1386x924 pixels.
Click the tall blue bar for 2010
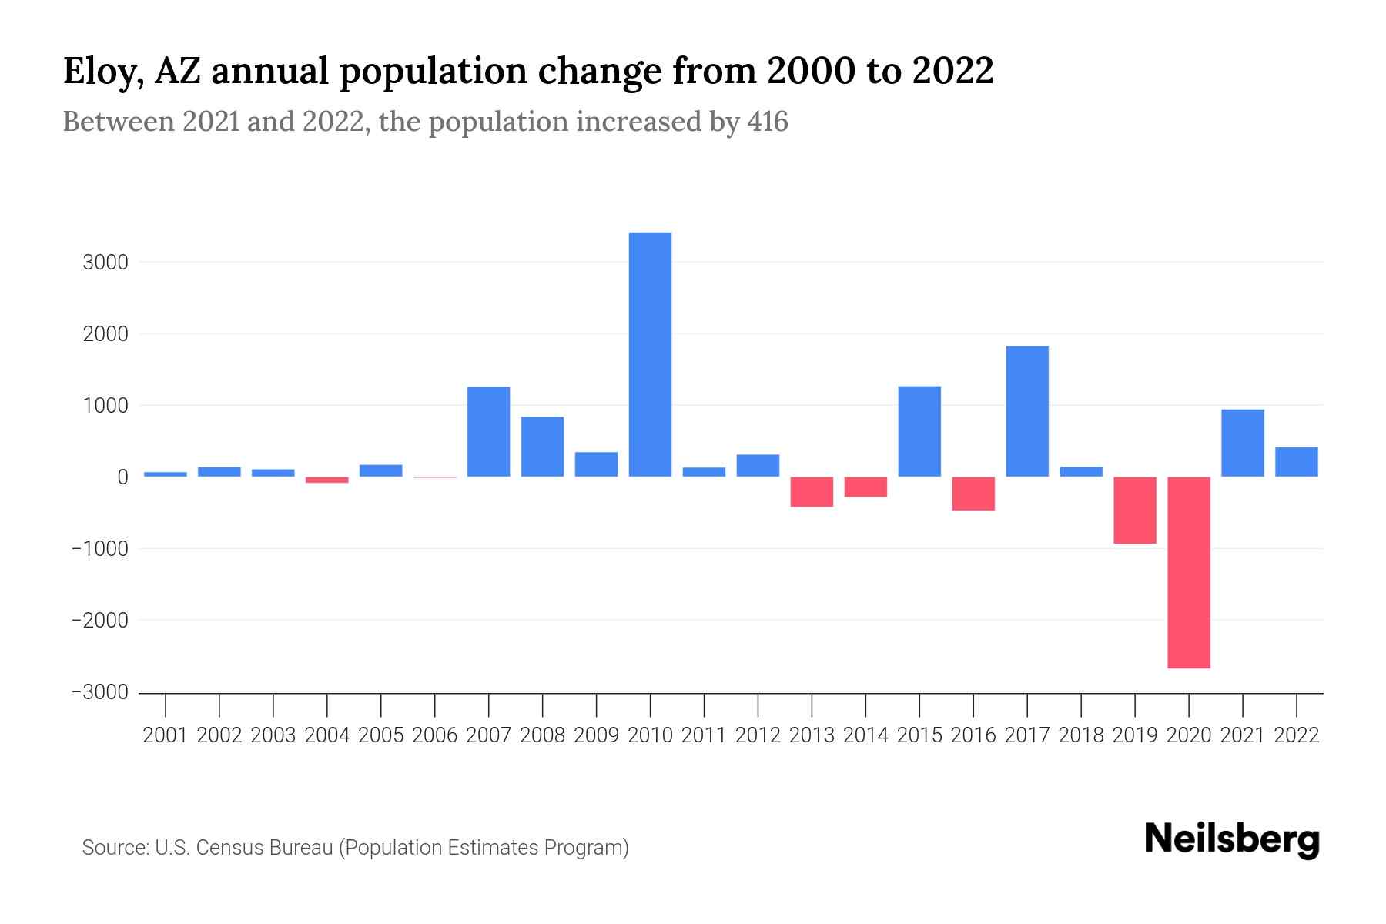point(650,354)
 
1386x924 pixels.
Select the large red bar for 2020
point(1188,572)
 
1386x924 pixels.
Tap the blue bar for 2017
point(1027,411)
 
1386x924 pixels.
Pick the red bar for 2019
point(1134,510)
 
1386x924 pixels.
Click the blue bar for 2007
point(488,431)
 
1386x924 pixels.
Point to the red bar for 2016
point(973,494)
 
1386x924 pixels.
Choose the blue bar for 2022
point(1296,462)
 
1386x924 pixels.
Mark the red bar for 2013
point(812,491)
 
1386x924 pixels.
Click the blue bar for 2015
point(919,431)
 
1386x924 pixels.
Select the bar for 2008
point(542,447)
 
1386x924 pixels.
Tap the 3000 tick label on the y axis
point(105,263)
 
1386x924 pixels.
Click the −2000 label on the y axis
point(100,621)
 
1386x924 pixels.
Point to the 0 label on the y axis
point(122,477)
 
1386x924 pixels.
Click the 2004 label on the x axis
point(326,735)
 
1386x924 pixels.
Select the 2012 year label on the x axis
point(758,735)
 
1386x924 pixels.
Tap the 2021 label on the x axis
point(1242,735)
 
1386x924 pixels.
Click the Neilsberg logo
point(1231,839)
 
